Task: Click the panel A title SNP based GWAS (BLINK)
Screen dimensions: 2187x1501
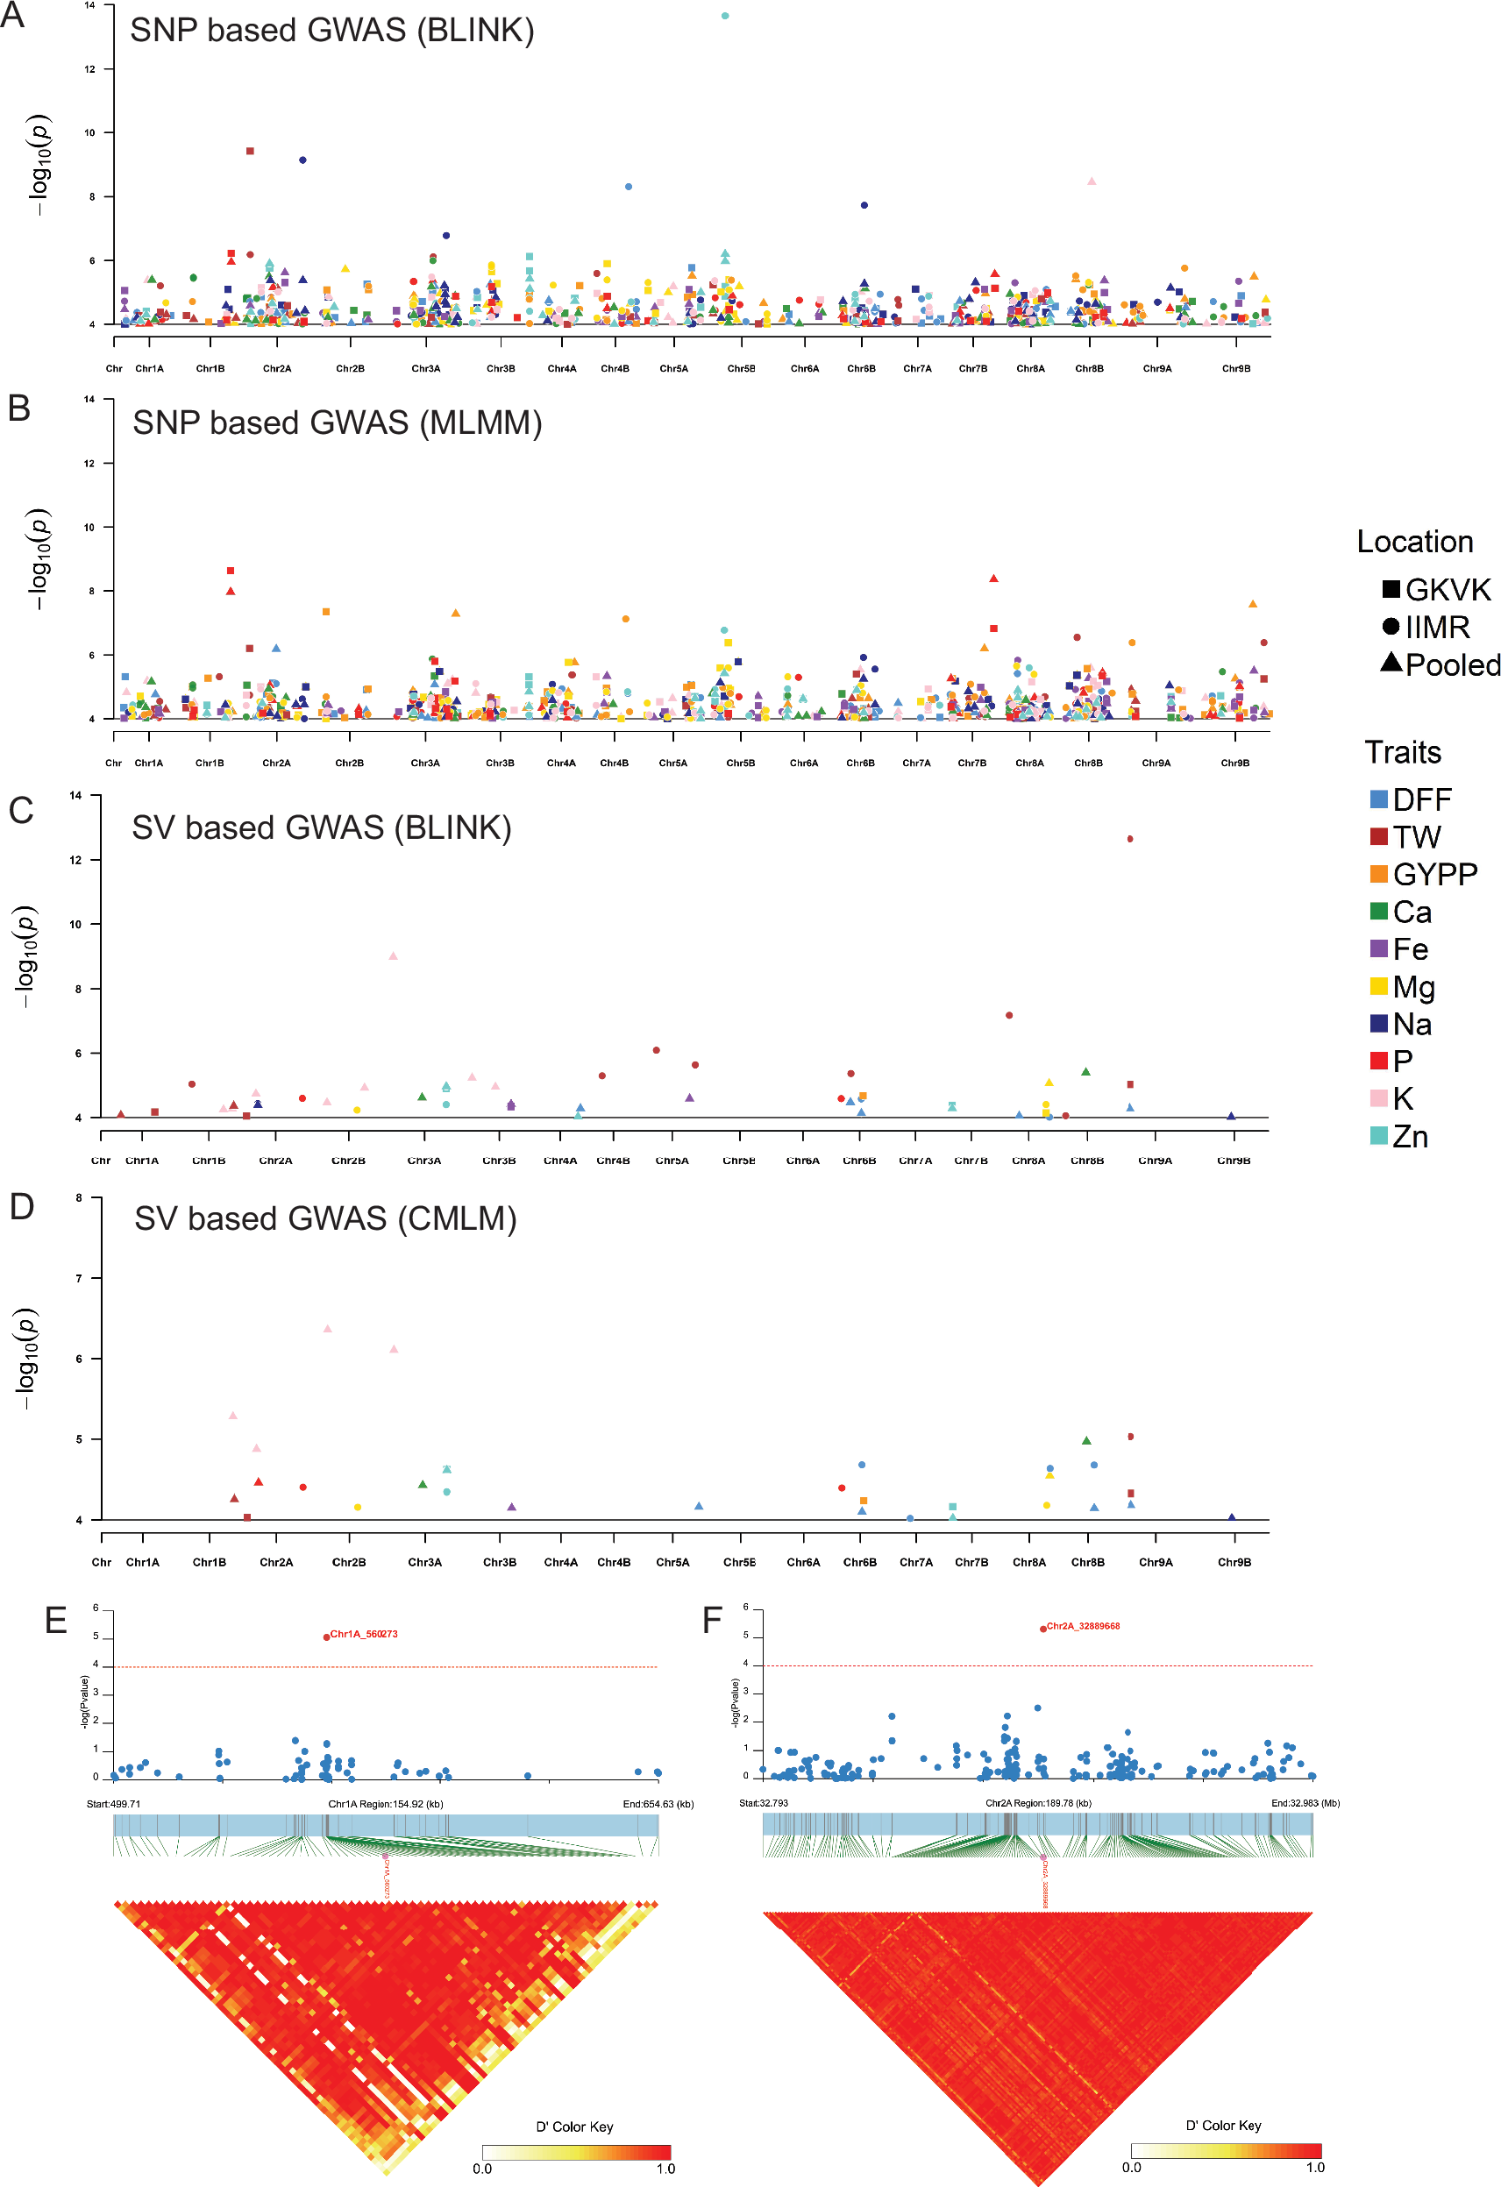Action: (331, 30)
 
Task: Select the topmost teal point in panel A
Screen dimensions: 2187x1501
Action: (724, 16)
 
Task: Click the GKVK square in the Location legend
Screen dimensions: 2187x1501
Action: (1390, 589)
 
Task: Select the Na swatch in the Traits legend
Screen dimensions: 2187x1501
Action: (1378, 1024)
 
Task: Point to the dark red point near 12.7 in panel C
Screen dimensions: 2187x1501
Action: (1130, 839)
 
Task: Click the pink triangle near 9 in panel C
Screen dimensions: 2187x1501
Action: (394, 956)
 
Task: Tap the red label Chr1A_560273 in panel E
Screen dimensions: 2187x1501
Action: (363, 1634)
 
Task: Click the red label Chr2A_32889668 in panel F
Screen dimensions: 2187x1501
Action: (1082, 1626)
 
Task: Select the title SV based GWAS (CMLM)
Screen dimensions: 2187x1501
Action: (325, 1218)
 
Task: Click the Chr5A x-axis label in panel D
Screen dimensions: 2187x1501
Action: (672, 1562)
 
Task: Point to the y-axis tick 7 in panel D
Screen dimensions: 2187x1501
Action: (79, 1278)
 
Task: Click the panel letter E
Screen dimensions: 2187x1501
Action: (55, 1621)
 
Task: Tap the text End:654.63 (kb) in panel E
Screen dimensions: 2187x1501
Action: (658, 1804)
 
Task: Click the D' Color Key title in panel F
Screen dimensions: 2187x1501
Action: (1223, 2125)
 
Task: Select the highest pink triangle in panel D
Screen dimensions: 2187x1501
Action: (328, 1329)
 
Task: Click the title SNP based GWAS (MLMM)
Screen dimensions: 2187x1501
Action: (337, 423)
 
